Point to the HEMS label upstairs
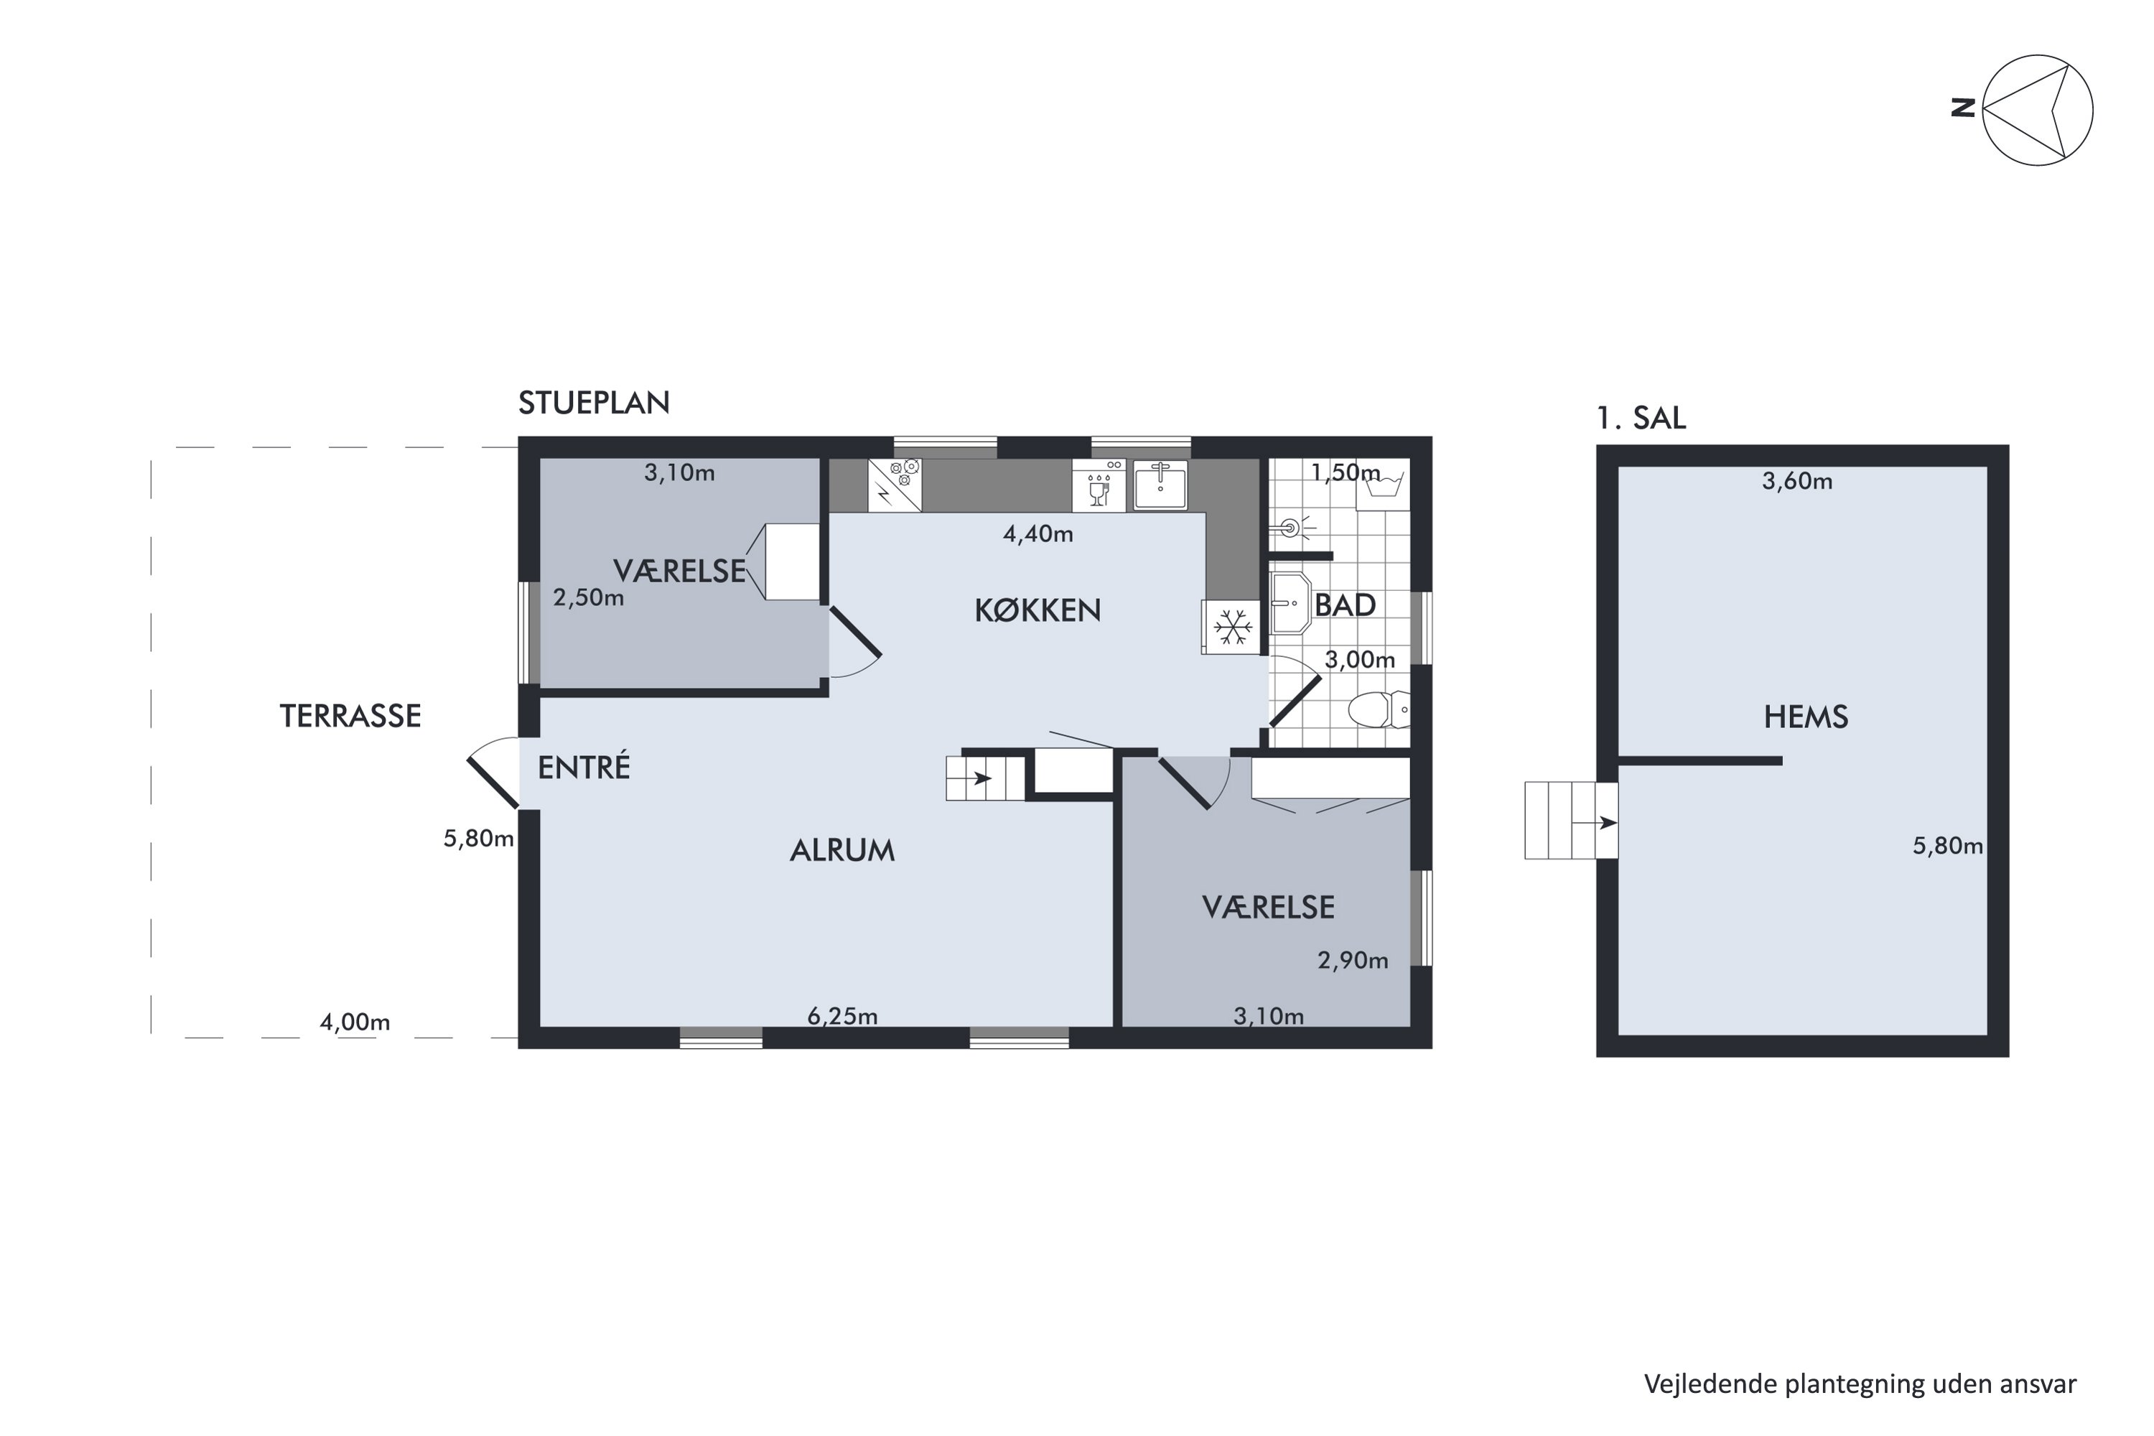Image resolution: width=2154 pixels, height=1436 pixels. tap(1806, 717)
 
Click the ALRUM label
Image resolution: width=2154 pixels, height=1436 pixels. tap(842, 851)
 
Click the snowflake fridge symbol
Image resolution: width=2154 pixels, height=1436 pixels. tap(1233, 628)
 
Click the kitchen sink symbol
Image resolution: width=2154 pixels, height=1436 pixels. tap(1160, 485)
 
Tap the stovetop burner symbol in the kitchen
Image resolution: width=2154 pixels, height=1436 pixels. tap(895, 485)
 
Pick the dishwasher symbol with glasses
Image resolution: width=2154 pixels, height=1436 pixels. tap(1099, 485)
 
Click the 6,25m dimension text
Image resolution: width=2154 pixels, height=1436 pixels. tap(842, 1016)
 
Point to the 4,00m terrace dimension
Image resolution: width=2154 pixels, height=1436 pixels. tap(355, 1022)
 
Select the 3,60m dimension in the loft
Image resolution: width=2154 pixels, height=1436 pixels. tap(1797, 482)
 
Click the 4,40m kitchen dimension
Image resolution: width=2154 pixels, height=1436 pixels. tap(1038, 534)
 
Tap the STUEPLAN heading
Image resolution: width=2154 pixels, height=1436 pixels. tap(594, 403)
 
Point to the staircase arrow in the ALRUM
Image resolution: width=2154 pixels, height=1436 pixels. tap(981, 779)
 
